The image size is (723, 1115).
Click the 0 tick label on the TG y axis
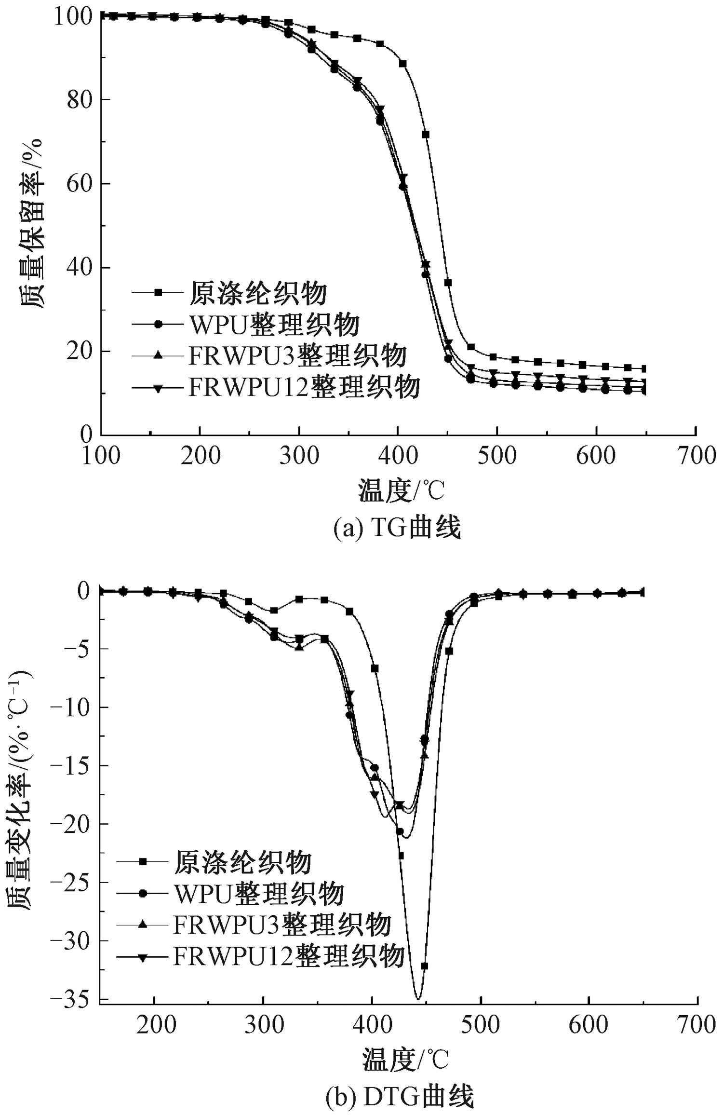[x=86, y=435]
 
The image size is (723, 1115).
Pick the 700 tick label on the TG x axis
[x=696, y=456]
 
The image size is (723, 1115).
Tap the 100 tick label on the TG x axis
[x=101, y=456]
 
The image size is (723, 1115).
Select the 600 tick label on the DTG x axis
[x=589, y=1025]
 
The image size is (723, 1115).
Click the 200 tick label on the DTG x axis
[x=154, y=1025]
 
